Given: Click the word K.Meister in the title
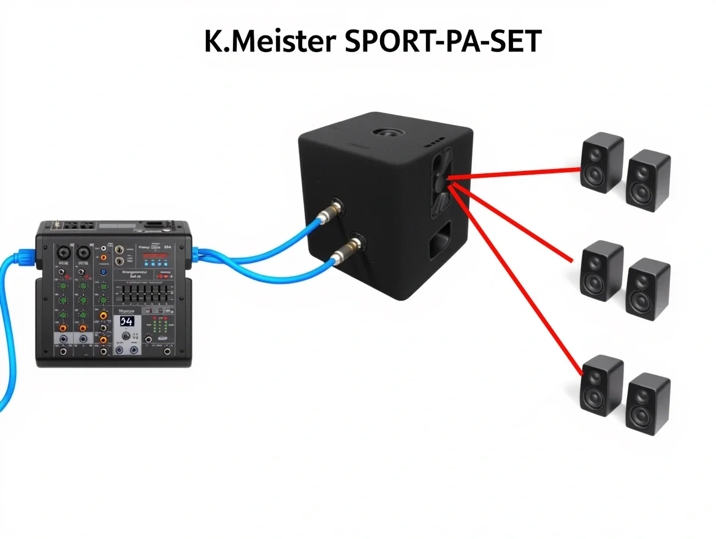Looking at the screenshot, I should pos(270,42).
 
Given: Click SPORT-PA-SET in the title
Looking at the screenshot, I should pos(441,42).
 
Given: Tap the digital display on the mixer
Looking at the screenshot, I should pos(126,322).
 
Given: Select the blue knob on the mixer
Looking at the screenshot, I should pos(104,272).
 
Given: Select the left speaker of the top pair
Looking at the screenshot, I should pos(602,163).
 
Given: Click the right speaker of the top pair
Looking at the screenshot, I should pos(649,180).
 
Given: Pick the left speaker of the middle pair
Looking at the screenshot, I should pos(602,271).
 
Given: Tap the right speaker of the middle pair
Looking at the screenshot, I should pos(649,288).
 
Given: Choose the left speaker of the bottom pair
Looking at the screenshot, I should pos(602,386).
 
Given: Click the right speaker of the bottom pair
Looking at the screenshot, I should pos(649,404).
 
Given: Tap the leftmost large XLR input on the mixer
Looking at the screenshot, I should pos(63,252).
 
